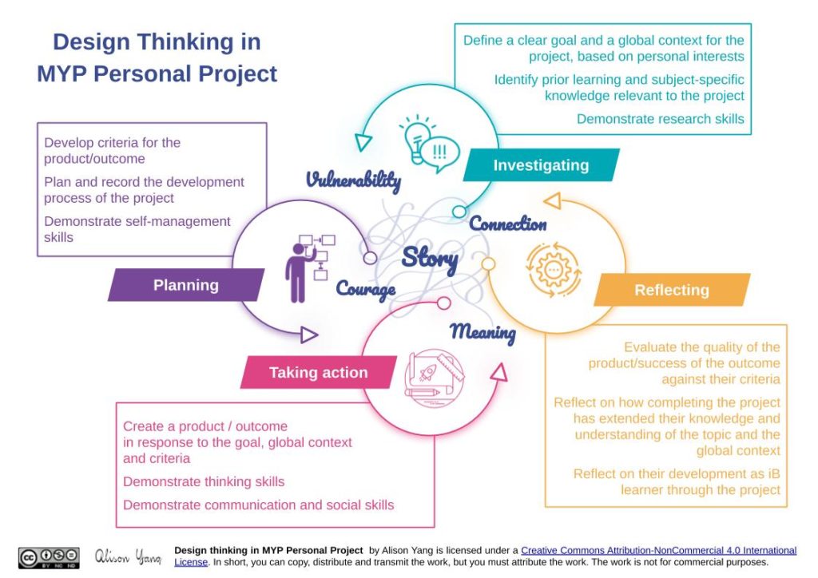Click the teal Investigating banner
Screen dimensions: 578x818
tap(541, 165)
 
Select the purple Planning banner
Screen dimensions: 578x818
tap(186, 285)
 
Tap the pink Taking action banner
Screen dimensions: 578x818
tap(318, 372)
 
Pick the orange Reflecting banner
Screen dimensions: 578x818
tap(671, 290)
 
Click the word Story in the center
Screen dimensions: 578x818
tap(430, 257)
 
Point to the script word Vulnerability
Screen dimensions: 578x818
tap(353, 180)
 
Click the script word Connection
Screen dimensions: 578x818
tap(508, 224)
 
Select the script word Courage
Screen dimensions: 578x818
tap(365, 288)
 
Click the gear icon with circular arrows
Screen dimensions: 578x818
tap(554, 269)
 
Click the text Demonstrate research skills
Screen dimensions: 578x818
tap(660, 119)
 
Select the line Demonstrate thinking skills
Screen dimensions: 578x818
tap(204, 481)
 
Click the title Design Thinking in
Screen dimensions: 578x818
tap(157, 42)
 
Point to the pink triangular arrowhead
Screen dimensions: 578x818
tap(499, 372)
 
